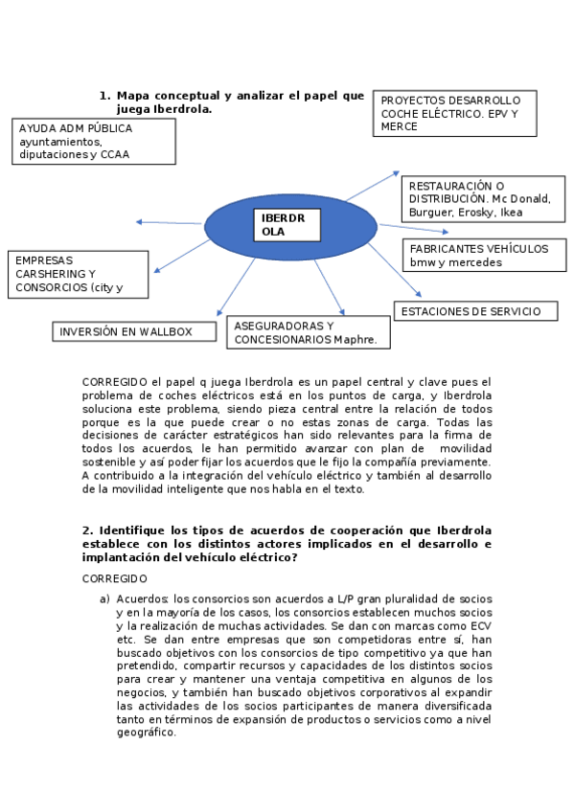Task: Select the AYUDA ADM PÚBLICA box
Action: pyautogui.click(x=95, y=141)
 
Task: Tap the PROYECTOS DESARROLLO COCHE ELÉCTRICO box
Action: pyautogui.click(x=454, y=113)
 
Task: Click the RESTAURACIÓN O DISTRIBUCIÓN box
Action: pyautogui.click(x=477, y=198)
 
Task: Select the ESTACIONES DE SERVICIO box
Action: pyautogui.click(x=476, y=311)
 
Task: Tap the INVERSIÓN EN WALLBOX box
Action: pyautogui.click(x=126, y=331)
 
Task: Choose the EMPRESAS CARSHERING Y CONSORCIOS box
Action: pyautogui.click(x=78, y=273)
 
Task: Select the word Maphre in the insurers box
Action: pyautogui.click(x=355, y=339)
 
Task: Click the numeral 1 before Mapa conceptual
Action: pyautogui.click(x=103, y=96)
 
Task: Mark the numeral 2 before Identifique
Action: pyautogui.click(x=86, y=530)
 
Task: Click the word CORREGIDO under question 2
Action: pyautogui.click(x=115, y=579)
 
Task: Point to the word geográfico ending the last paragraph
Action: pyautogui.click(x=146, y=733)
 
